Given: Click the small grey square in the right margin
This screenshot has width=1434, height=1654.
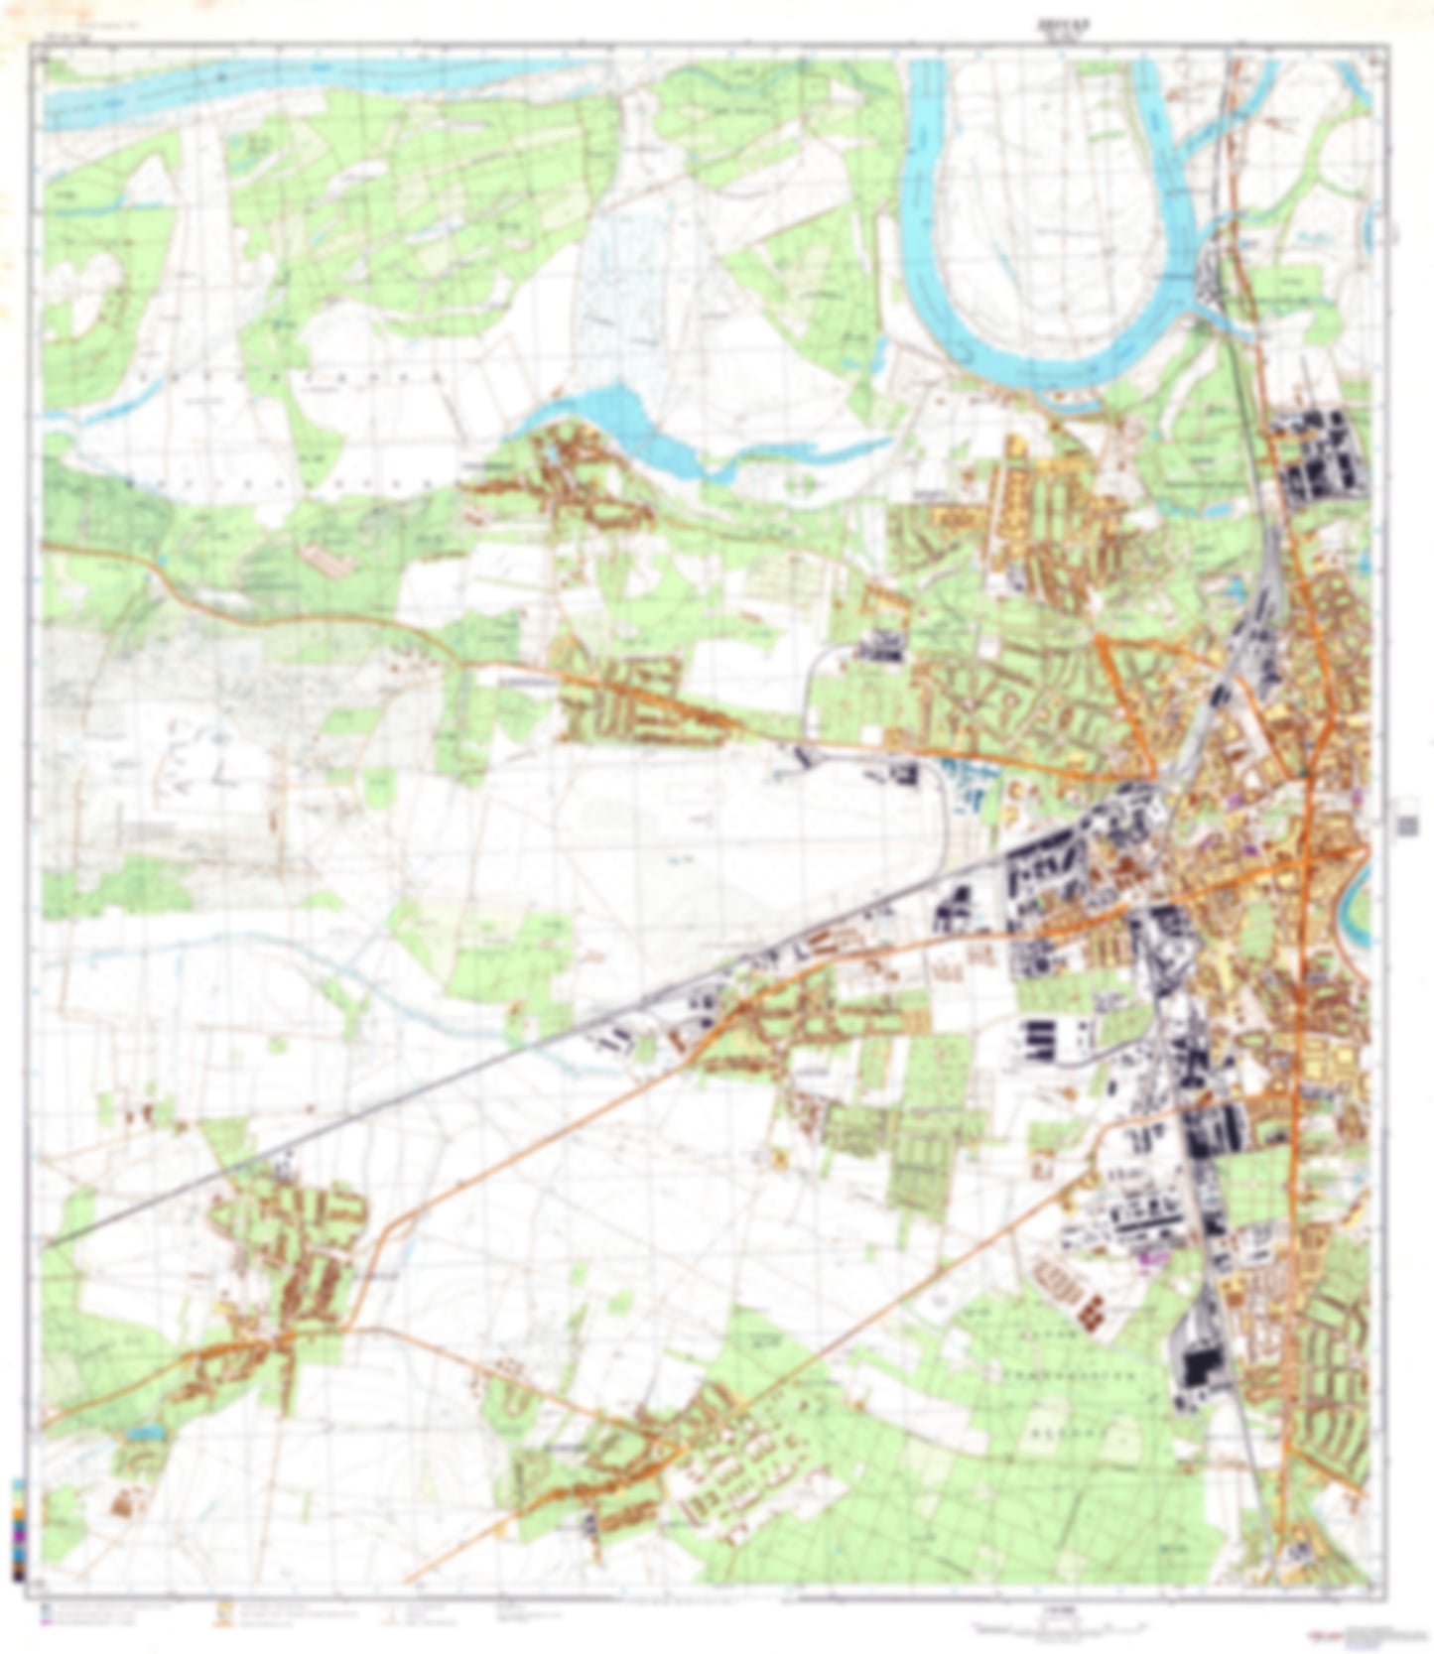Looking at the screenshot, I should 1405,825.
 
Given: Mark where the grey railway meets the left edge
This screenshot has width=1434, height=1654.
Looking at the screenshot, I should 48,1243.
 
